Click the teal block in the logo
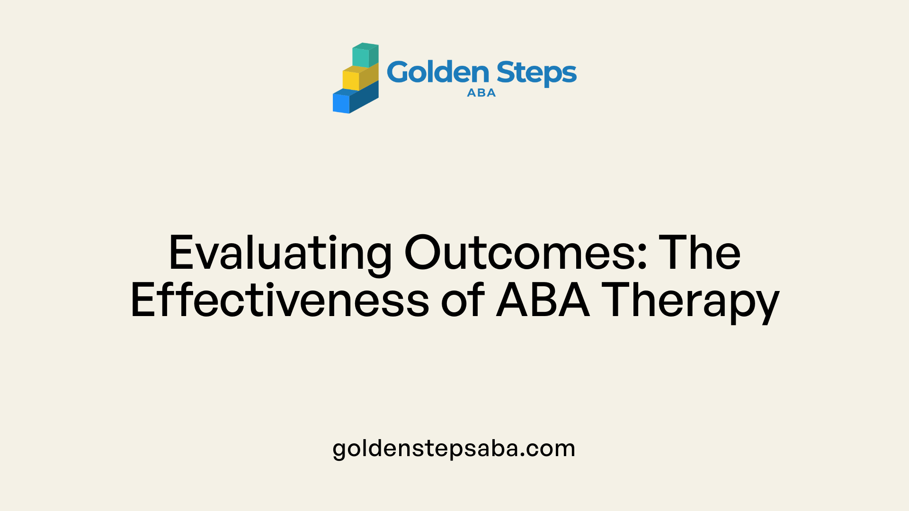365,55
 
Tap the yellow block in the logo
360,77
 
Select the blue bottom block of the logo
356,98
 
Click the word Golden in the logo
438,72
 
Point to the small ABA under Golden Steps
481,93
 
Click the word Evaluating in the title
280,254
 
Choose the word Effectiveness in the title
280,300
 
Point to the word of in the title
463,300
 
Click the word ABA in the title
543,300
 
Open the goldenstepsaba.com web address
454,449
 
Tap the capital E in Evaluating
182,253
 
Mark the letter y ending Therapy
766,308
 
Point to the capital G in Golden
400,72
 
